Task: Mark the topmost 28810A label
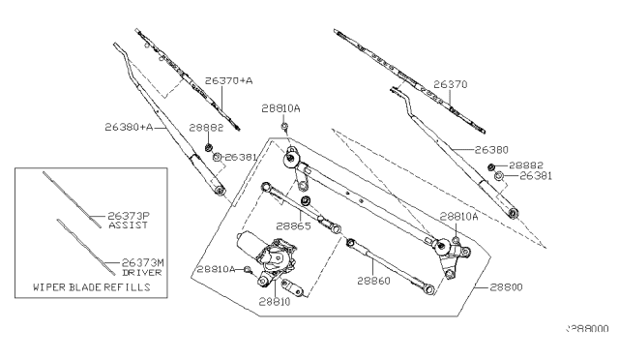tap(280, 110)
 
